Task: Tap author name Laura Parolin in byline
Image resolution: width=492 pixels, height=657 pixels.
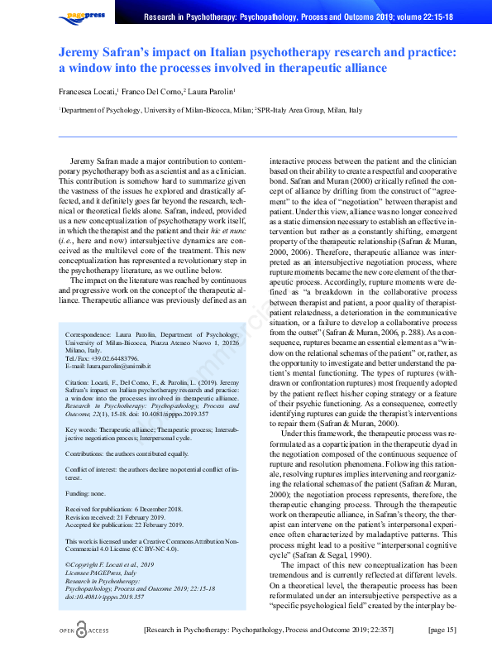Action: [211, 92]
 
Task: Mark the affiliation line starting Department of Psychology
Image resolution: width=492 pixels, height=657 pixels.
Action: [211, 109]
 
